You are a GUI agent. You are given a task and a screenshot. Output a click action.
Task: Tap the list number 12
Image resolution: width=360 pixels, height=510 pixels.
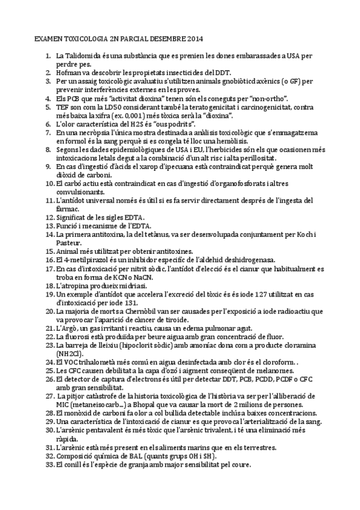coord(50,216)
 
